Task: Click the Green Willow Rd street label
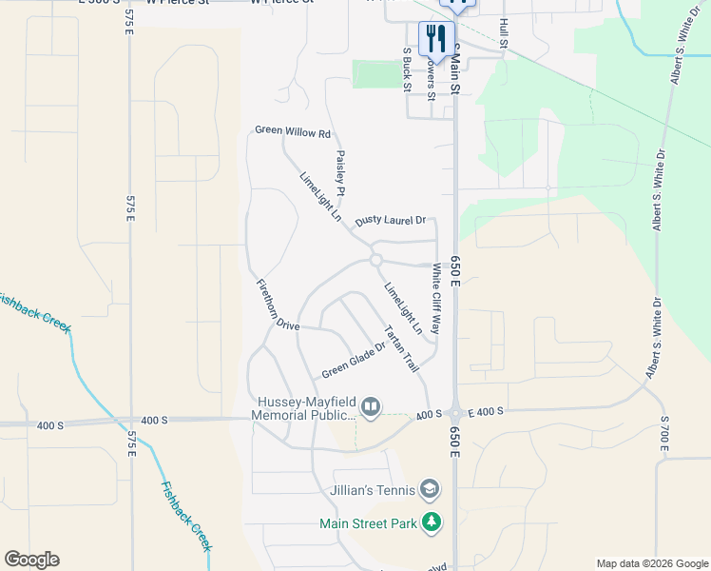pos(292,132)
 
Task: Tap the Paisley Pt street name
pos(340,167)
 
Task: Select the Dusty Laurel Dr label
pos(390,221)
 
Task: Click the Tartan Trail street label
pos(401,349)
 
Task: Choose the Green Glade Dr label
pos(353,359)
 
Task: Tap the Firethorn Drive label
pos(278,305)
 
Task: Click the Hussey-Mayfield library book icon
pos(371,408)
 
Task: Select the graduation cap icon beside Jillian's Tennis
pos(431,490)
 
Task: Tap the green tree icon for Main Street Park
pos(432,522)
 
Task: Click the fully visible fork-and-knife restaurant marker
pos(436,38)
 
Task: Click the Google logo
pos(31,560)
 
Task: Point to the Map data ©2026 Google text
pos(652,562)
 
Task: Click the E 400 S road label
pos(486,410)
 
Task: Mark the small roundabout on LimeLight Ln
pos(376,260)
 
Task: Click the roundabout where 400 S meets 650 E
pos(455,414)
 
